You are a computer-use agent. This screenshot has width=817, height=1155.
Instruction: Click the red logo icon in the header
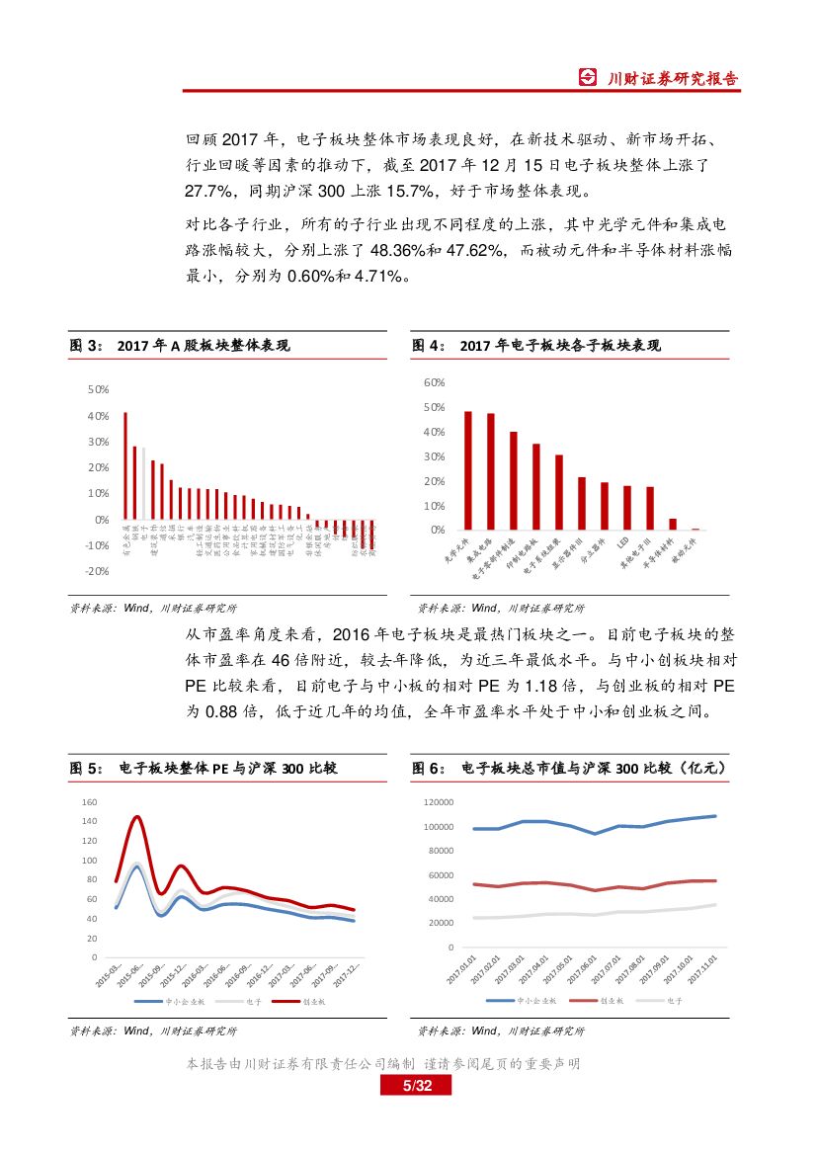(x=588, y=78)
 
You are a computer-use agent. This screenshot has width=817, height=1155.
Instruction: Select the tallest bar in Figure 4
(x=468, y=470)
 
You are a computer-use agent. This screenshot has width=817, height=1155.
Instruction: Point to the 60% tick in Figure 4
(x=435, y=382)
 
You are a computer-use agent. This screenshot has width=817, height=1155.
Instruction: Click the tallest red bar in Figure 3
(x=125, y=465)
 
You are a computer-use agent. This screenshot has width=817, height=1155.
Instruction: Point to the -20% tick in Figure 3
(x=98, y=571)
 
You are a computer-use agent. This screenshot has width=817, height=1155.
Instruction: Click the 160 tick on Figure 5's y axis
(x=90, y=801)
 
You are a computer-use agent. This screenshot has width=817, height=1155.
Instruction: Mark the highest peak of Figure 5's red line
(x=136, y=817)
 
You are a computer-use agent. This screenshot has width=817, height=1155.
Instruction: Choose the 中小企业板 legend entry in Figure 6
(x=532, y=1000)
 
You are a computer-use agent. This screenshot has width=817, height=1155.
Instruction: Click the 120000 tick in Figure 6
(x=436, y=802)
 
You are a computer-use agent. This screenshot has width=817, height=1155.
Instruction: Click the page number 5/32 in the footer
(x=416, y=1086)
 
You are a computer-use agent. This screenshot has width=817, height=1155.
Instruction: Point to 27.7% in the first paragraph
(x=208, y=190)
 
